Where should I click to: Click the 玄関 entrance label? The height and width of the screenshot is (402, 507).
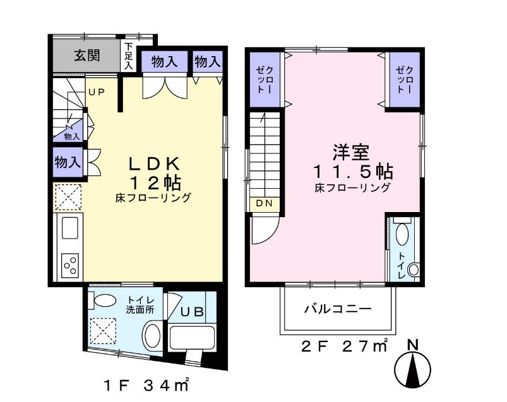coord(86,56)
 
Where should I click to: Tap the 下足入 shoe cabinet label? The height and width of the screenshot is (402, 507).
coord(128,56)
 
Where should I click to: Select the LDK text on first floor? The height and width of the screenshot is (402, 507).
coord(155,163)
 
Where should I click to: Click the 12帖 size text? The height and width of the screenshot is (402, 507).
coord(155,182)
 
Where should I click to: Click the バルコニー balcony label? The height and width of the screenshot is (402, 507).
coord(338,309)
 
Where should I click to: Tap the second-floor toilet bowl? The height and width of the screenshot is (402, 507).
coord(413,270)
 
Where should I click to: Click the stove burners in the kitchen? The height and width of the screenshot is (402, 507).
coord(69,264)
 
